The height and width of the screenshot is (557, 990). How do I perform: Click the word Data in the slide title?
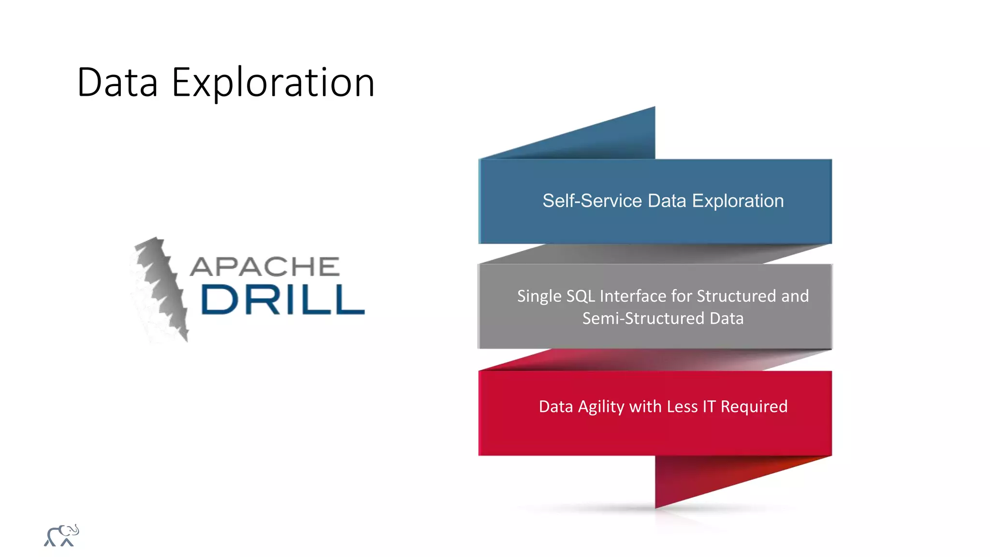click(117, 83)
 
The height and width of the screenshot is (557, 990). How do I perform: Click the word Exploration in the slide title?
click(273, 83)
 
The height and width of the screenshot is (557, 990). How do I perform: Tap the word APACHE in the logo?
click(265, 267)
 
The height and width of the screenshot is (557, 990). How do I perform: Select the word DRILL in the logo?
click(282, 300)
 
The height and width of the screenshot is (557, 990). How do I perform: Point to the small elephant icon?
click(61, 535)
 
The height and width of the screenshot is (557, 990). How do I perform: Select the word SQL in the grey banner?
click(581, 296)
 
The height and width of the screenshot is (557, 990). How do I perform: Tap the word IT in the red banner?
click(709, 407)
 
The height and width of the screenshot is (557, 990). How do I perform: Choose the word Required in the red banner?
click(754, 407)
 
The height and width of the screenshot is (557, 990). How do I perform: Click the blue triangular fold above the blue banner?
click(604, 140)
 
